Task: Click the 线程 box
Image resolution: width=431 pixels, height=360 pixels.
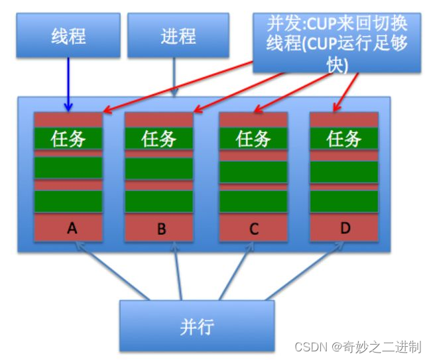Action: tap(69, 36)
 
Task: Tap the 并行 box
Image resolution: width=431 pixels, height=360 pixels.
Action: tap(198, 326)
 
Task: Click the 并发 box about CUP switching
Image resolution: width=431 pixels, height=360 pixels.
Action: tap(336, 42)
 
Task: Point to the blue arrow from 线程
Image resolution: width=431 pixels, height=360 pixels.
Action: tap(68, 83)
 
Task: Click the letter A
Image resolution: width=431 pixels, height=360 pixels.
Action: tap(72, 229)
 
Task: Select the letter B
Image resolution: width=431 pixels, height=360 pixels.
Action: tap(160, 230)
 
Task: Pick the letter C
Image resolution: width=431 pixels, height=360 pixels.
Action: tap(253, 230)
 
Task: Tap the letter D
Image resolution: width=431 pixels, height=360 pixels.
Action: tap(344, 229)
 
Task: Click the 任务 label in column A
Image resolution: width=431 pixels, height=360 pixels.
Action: tap(69, 138)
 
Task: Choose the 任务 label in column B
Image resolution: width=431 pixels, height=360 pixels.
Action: tap(159, 139)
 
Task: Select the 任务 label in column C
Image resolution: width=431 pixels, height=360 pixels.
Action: tap(253, 139)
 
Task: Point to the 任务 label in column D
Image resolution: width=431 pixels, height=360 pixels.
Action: tap(344, 139)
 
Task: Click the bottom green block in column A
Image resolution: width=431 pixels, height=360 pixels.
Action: tap(69, 201)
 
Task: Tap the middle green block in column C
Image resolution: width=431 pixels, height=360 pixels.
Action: tap(253, 171)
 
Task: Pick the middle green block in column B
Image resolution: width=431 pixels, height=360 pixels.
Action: tap(159, 168)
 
